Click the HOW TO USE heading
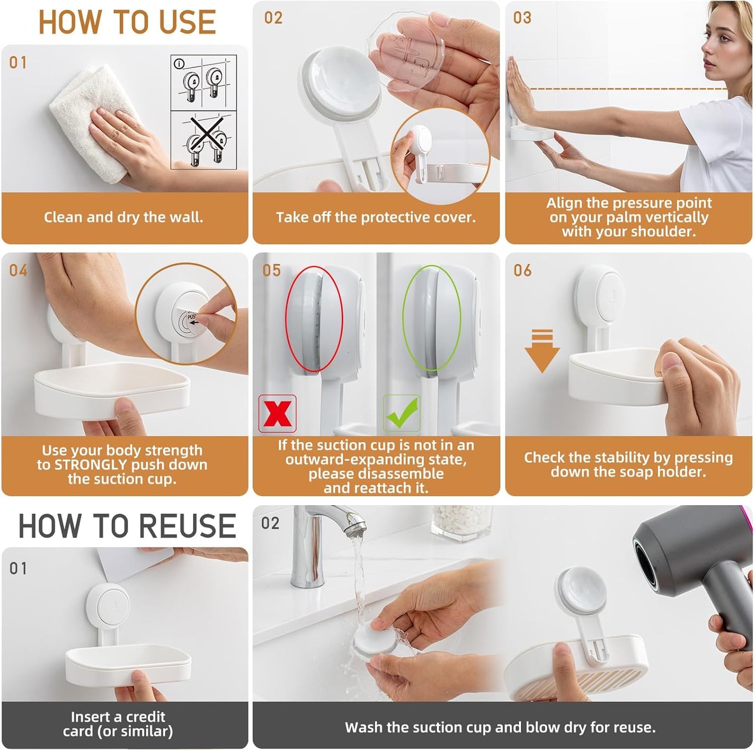(x=127, y=22)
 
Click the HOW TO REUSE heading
(x=127, y=526)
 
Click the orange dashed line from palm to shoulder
(x=627, y=89)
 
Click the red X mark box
(x=277, y=414)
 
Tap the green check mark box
(x=402, y=413)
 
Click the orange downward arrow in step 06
(x=542, y=351)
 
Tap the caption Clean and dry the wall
(x=123, y=217)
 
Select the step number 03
(x=522, y=18)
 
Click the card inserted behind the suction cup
(x=133, y=567)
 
